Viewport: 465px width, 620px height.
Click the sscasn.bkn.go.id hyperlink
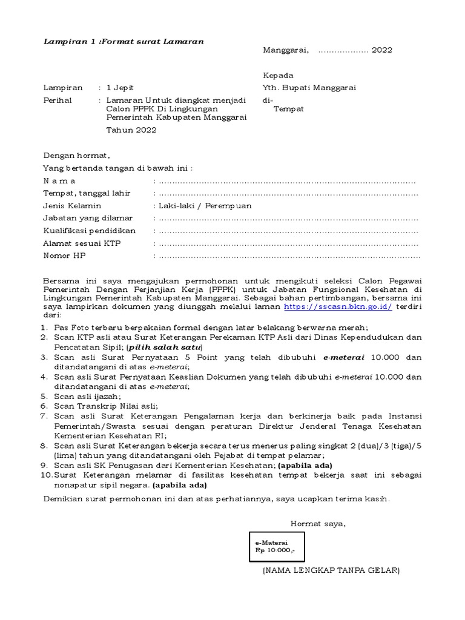[x=338, y=307]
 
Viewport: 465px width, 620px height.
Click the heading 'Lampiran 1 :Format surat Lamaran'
[x=124, y=41]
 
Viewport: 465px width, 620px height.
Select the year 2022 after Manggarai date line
[x=382, y=50]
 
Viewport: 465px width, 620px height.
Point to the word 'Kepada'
[x=278, y=76]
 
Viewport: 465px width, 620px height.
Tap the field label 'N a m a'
[x=60, y=181]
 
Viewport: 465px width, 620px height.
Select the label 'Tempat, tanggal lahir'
[x=86, y=193]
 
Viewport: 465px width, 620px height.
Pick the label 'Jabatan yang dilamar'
[x=87, y=218]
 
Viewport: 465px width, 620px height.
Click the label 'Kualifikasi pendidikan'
[x=89, y=231]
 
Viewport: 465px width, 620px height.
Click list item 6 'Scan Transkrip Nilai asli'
[x=105, y=406]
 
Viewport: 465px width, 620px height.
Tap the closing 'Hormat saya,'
[x=318, y=524]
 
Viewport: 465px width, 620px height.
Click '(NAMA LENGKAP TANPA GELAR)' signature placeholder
[x=331, y=570]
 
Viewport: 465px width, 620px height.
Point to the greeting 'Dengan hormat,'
[x=76, y=156]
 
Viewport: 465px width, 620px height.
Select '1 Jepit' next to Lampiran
[x=121, y=88]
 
